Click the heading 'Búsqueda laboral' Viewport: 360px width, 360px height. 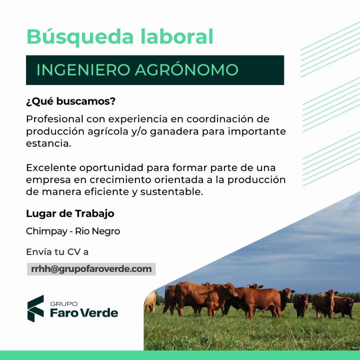click(120, 37)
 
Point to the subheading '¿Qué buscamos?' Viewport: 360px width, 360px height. click(71, 102)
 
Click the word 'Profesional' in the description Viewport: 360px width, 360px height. click(54, 119)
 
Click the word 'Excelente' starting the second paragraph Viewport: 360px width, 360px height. click(51, 168)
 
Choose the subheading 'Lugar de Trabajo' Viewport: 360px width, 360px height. click(70, 213)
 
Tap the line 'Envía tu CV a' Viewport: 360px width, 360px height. click(57, 252)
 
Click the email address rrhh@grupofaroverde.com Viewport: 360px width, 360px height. click(91, 269)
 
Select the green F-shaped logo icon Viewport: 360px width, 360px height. click(35, 308)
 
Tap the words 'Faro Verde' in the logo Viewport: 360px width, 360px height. click(84, 313)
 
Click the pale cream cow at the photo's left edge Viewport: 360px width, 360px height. click(150, 301)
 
